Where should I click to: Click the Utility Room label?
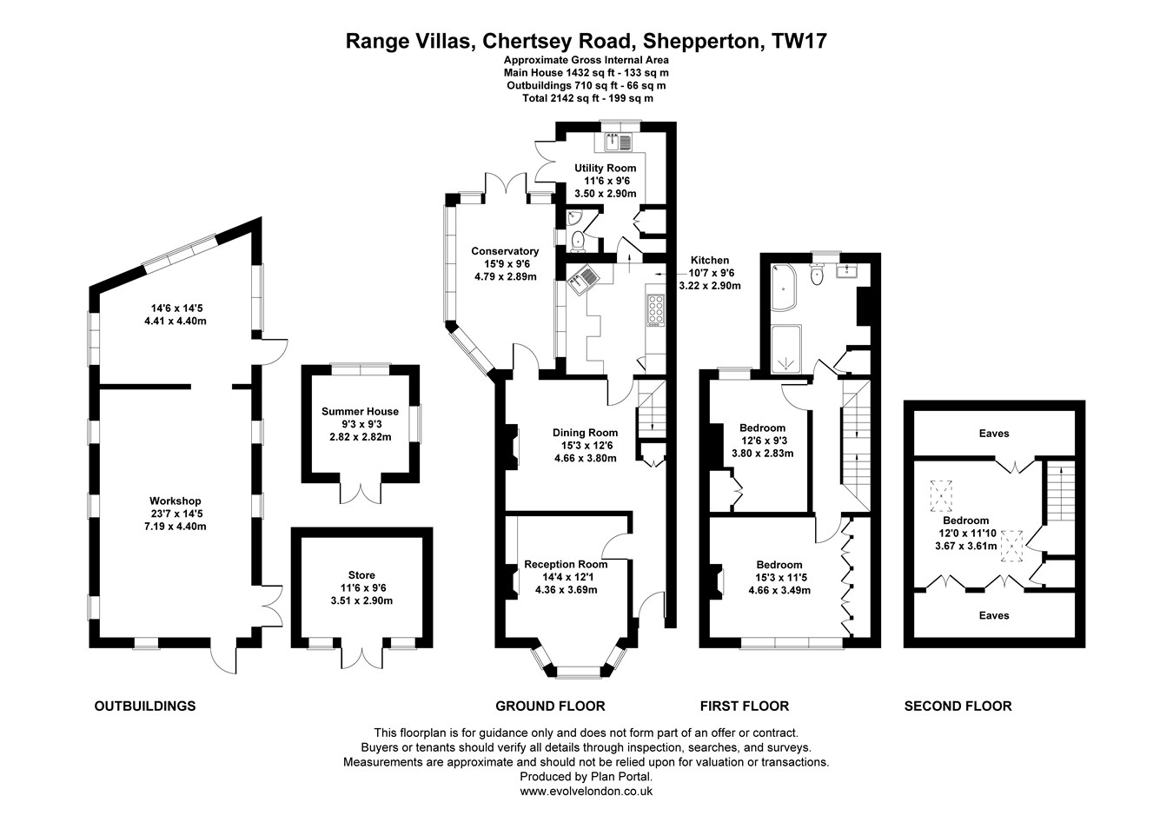(606, 168)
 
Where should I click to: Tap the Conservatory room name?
(505, 251)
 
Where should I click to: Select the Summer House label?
(361, 412)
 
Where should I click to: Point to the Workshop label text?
(175, 501)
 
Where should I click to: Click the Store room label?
(361, 575)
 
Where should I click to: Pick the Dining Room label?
(585, 433)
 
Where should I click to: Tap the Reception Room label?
(566, 565)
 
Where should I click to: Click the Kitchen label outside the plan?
(710, 261)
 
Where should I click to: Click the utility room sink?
(620, 142)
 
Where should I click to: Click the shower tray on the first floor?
(786, 349)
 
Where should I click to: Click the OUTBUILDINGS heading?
(145, 706)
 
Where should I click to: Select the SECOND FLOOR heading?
(958, 706)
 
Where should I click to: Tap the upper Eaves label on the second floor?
(994, 434)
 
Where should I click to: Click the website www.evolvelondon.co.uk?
(586, 792)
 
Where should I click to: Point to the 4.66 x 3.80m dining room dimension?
(586, 458)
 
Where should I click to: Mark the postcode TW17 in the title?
(799, 41)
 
